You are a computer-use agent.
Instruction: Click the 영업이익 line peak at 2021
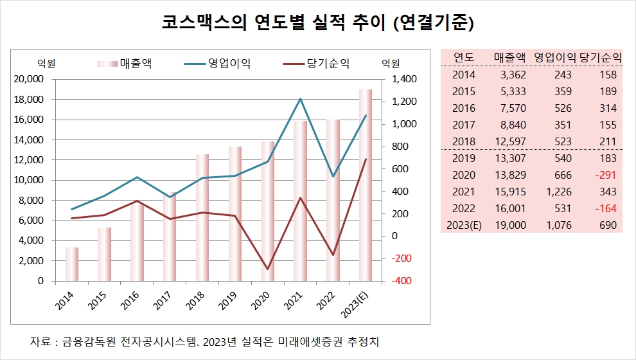[x=300, y=99]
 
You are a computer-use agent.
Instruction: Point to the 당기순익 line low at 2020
[x=267, y=269]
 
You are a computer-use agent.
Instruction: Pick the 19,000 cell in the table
[x=510, y=225]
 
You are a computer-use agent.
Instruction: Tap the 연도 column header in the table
[x=464, y=56]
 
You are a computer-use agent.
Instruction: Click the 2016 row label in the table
[x=464, y=108]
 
